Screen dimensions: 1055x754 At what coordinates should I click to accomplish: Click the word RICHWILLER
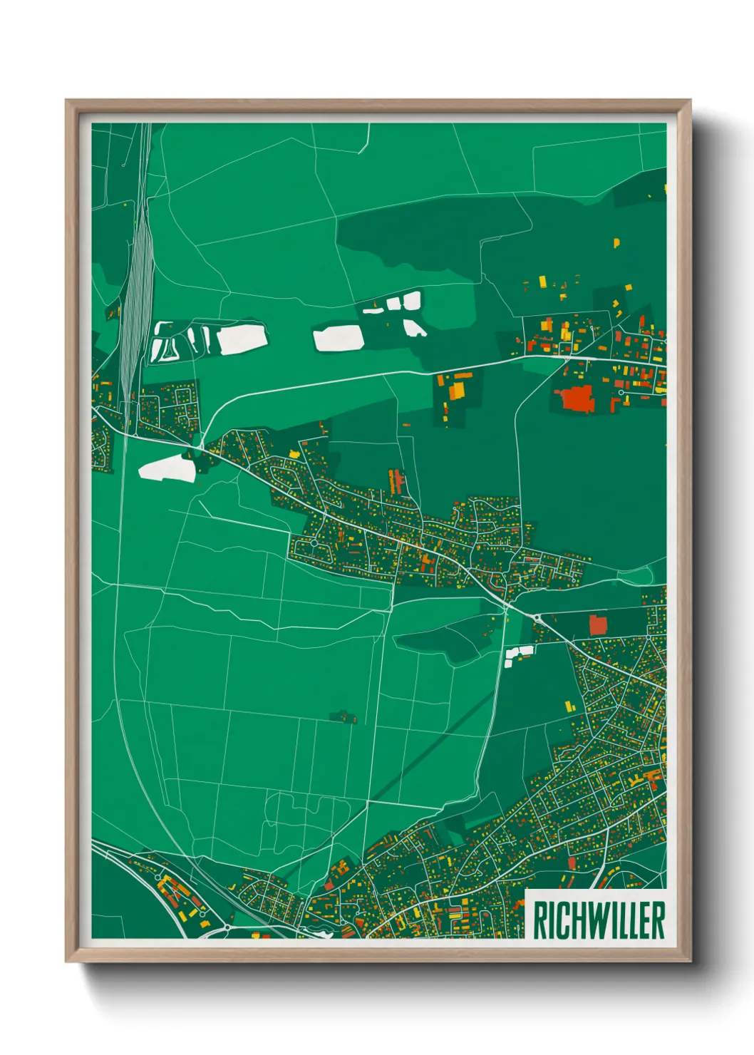(599, 920)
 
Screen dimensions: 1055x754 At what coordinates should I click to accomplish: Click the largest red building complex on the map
(576, 398)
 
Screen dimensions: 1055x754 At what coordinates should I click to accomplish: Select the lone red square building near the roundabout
(597, 625)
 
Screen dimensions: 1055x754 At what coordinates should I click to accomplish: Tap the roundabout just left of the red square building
(536, 617)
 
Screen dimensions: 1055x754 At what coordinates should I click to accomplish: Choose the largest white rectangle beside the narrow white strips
(242, 339)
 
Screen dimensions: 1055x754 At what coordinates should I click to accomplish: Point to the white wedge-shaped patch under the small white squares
(414, 328)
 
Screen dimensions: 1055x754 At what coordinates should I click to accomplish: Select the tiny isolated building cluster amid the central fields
(344, 716)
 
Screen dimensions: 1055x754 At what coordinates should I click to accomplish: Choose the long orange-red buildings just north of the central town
(395, 481)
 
